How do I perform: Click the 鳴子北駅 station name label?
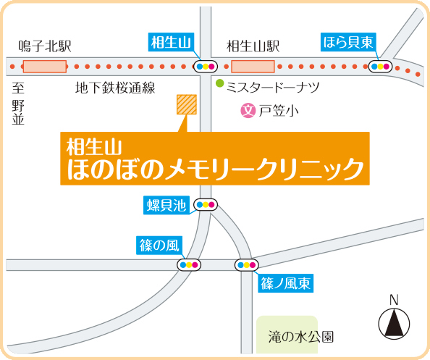coord(45,46)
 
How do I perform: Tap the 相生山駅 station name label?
coord(253,46)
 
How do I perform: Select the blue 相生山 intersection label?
coord(171,42)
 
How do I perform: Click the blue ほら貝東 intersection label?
coord(348,42)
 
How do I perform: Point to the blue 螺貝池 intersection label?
coord(166,205)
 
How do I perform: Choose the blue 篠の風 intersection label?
coord(159,246)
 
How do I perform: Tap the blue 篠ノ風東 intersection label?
coord(285,283)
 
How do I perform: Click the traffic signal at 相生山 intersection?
coord(206,67)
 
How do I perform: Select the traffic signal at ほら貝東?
coord(380,67)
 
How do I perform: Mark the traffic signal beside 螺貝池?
coord(206,205)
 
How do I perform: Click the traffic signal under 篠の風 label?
coord(189,265)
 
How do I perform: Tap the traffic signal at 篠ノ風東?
coord(247,265)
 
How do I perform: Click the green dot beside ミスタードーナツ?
coord(219,83)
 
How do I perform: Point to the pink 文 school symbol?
coord(248,111)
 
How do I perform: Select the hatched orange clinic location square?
coord(187,104)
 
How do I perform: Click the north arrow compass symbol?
coord(394,324)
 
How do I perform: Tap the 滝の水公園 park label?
coord(301,337)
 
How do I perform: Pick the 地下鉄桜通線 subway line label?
coord(115,88)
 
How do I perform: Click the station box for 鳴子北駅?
coord(45,67)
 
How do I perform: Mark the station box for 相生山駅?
coord(253,67)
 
